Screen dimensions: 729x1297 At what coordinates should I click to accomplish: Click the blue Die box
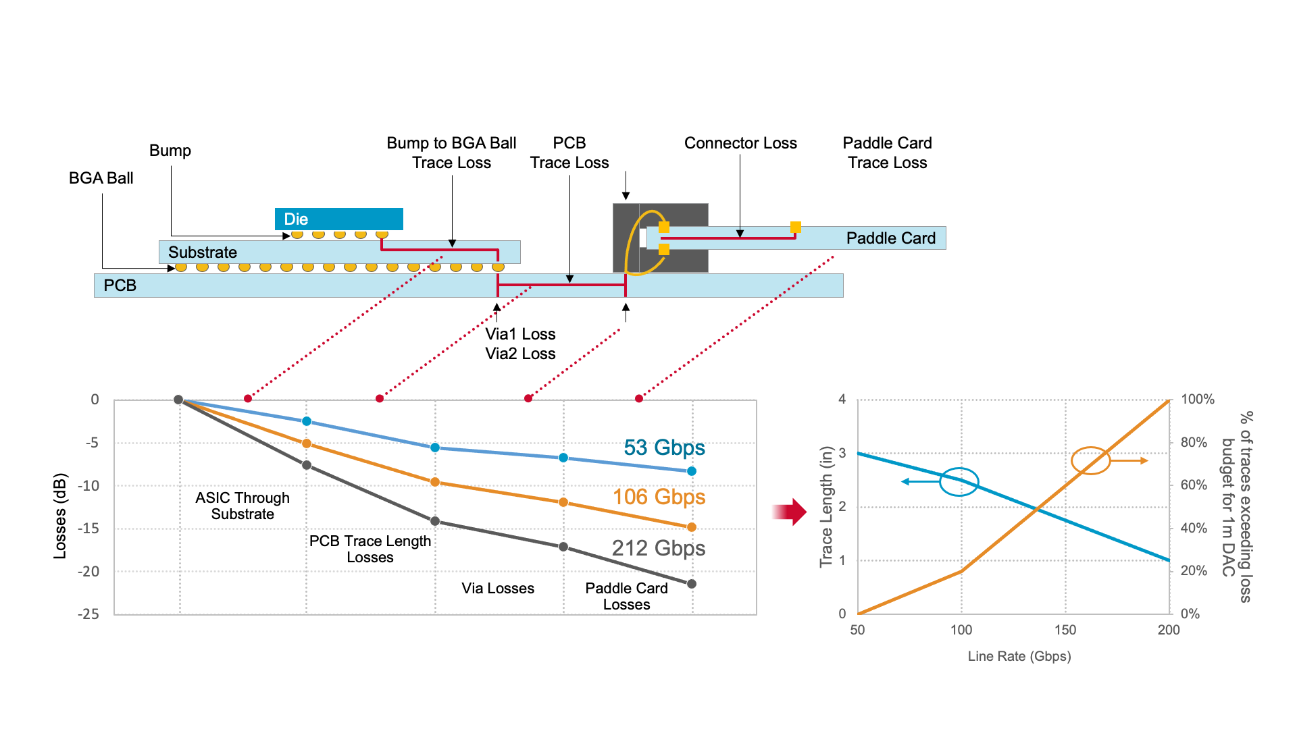pyautogui.click(x=338, y=219)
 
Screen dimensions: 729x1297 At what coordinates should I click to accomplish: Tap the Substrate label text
pyautogui.click(x=202, y=252)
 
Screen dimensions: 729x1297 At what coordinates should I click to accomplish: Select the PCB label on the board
pyautogui.click(x=120, y=286)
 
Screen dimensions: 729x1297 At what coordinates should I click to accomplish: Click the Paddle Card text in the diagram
pyautogui.click(x=890, y=238)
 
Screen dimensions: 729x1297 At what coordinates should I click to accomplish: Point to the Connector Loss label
pyautogui.click(x=740, y=143)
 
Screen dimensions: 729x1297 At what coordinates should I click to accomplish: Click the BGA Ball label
pyautogui.click(x=101, y=178)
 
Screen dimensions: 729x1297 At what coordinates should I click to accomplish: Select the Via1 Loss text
pyautogui.click(x=520, y=334)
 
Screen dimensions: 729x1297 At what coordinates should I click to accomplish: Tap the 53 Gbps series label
pyautogui.click(x=664, y=448)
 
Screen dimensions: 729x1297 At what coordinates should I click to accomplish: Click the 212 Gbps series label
pyautogui.click(x=658, y=548)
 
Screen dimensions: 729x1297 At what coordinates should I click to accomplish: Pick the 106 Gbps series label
pyautogui.click(x=659, y=497)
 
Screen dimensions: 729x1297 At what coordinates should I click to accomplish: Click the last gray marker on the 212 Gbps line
pyautogui.click(x=691, y=584)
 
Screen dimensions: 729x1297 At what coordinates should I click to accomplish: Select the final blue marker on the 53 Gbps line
pyautogui.click(x=691, y=471)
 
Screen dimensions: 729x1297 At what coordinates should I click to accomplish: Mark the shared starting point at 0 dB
pyautogui.click(x=178, y=400)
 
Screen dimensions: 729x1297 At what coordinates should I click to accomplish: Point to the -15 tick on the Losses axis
pyautogui.click(x=88, y=529)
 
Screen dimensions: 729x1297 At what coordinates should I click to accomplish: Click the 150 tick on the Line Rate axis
pyautogui.click(x=1065, y=630)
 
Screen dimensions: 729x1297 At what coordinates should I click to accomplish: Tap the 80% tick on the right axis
pyautogui.click(x=1194, y=442)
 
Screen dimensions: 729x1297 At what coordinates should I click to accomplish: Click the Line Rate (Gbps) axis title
pyautogui.click(x=1019, y=656)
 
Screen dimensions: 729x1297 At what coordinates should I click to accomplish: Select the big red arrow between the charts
pyautogui.click(x=790, y=512)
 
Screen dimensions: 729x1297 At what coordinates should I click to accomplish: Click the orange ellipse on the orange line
pyautogui.click(x=1090, y=460)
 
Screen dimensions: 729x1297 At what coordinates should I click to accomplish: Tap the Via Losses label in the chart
pyautogui.click(x=498, y=589)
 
